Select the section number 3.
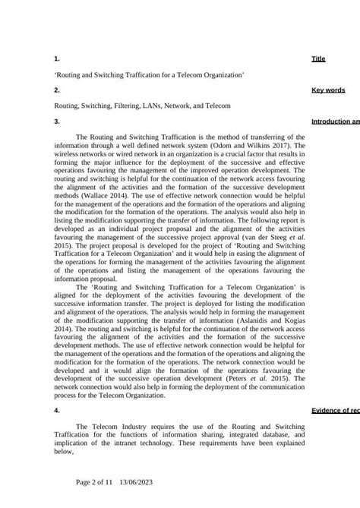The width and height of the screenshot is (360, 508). (57, 121)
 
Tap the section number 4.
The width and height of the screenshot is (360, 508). (57, 410)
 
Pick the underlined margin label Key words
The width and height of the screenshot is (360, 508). (328, 90)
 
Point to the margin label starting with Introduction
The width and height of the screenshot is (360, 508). (335, 121)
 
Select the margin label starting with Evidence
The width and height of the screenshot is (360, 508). (335, 411)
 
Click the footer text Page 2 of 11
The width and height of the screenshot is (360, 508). (95, 481)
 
